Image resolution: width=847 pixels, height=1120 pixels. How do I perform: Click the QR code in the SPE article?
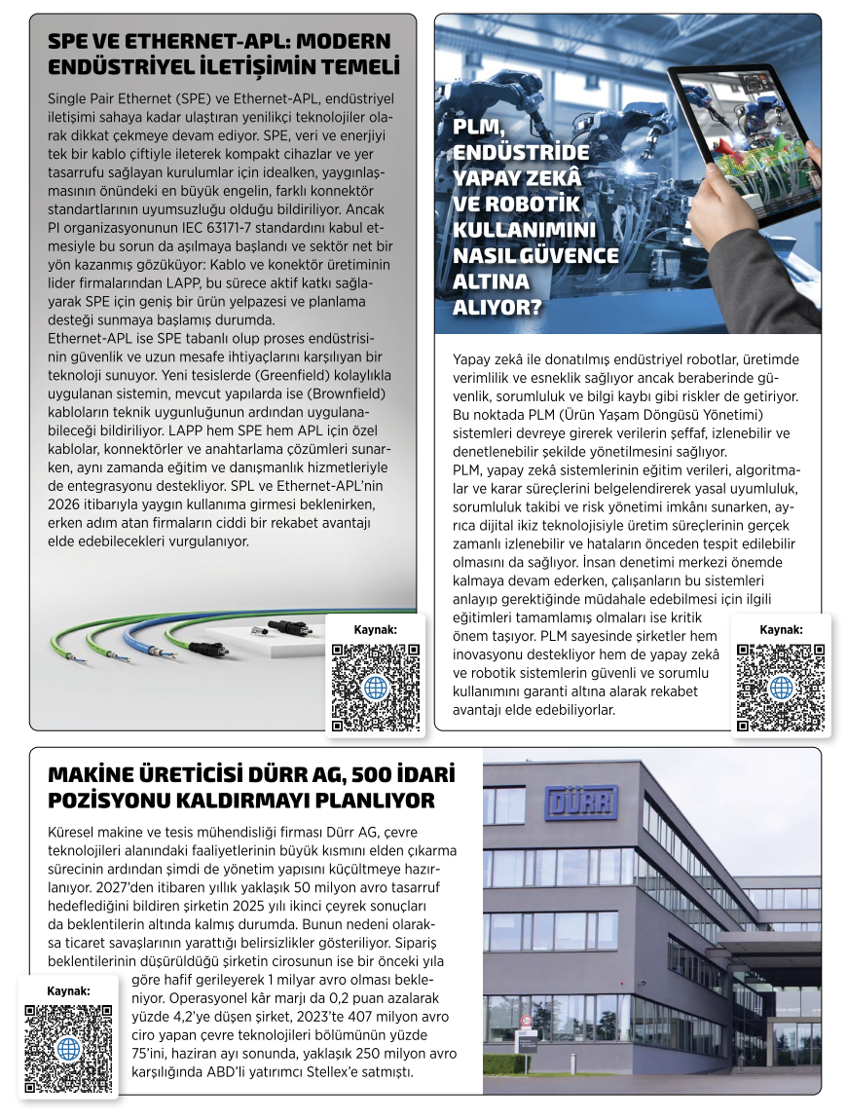tap(375, 687)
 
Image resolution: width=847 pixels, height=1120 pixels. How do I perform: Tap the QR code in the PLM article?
tap(781, 687)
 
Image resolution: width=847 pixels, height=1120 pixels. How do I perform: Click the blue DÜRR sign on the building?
tap(580, 802)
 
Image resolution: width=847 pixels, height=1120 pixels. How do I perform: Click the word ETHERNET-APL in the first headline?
tap(200, 42)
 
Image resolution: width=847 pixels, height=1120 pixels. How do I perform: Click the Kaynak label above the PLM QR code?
tap(781, 629)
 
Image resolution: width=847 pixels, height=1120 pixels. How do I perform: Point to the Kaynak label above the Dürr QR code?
tap(68, 990)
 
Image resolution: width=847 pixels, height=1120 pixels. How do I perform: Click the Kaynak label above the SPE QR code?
tap(375, 629)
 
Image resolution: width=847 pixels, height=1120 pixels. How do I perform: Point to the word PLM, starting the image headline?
tap(482, 128)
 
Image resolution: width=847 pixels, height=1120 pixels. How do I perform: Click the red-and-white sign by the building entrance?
tap(526, 1021)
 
